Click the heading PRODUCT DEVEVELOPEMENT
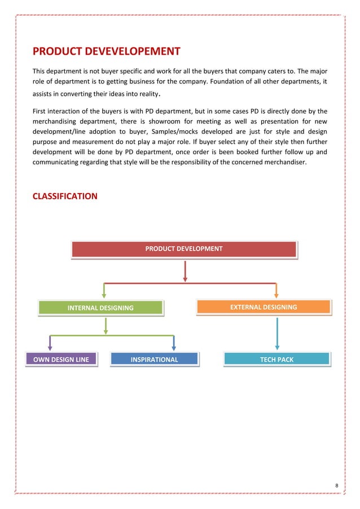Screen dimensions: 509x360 [106, 52]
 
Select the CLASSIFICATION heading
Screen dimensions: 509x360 [65, 196]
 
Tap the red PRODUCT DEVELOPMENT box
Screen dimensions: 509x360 [184, 249]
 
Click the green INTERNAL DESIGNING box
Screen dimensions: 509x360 [100, 308]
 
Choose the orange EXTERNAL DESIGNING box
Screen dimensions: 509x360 [263, 307]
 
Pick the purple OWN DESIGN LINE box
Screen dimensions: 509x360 [61, 359]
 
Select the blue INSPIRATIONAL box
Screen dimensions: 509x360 [154, 359]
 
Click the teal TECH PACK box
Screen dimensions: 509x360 [276, 359]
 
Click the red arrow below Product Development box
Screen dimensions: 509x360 [185, 271]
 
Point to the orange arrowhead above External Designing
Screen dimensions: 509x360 [276, 292]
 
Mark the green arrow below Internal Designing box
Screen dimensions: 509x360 [105, 325]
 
